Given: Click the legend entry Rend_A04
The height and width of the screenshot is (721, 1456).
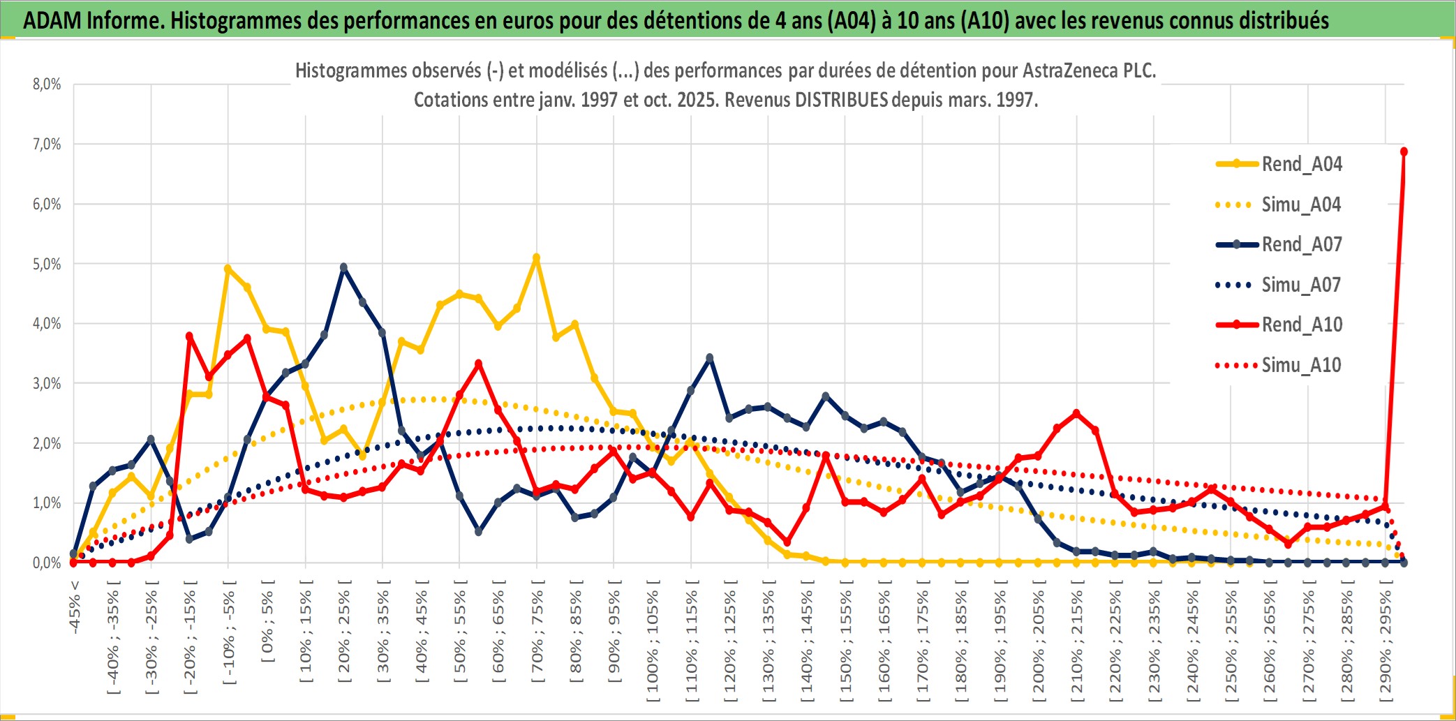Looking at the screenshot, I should point(1301,164).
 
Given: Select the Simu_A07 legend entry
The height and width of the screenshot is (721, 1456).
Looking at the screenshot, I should point(1301,285).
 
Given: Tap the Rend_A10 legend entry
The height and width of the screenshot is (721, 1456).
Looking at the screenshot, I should point(1301,325).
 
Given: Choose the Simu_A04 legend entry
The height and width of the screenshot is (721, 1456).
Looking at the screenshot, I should point(1301,205).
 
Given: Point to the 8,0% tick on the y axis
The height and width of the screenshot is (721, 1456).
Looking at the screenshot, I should point(47,84).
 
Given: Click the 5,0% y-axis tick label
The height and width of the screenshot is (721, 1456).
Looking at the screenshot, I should point(47,264).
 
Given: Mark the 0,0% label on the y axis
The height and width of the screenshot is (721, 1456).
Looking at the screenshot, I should point(47,563).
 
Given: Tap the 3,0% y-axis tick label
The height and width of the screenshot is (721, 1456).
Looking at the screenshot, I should point(47,383).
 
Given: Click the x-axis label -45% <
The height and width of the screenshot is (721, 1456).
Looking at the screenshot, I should point(75,607).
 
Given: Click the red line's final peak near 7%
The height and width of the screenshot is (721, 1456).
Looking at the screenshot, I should point(1404,151).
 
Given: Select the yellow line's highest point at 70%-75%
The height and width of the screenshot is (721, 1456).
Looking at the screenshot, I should point(536,258).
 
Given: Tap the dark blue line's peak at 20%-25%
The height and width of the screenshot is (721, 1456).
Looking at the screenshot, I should point(343,267).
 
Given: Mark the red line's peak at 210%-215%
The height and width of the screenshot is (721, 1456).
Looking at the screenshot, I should point(1076,413).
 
